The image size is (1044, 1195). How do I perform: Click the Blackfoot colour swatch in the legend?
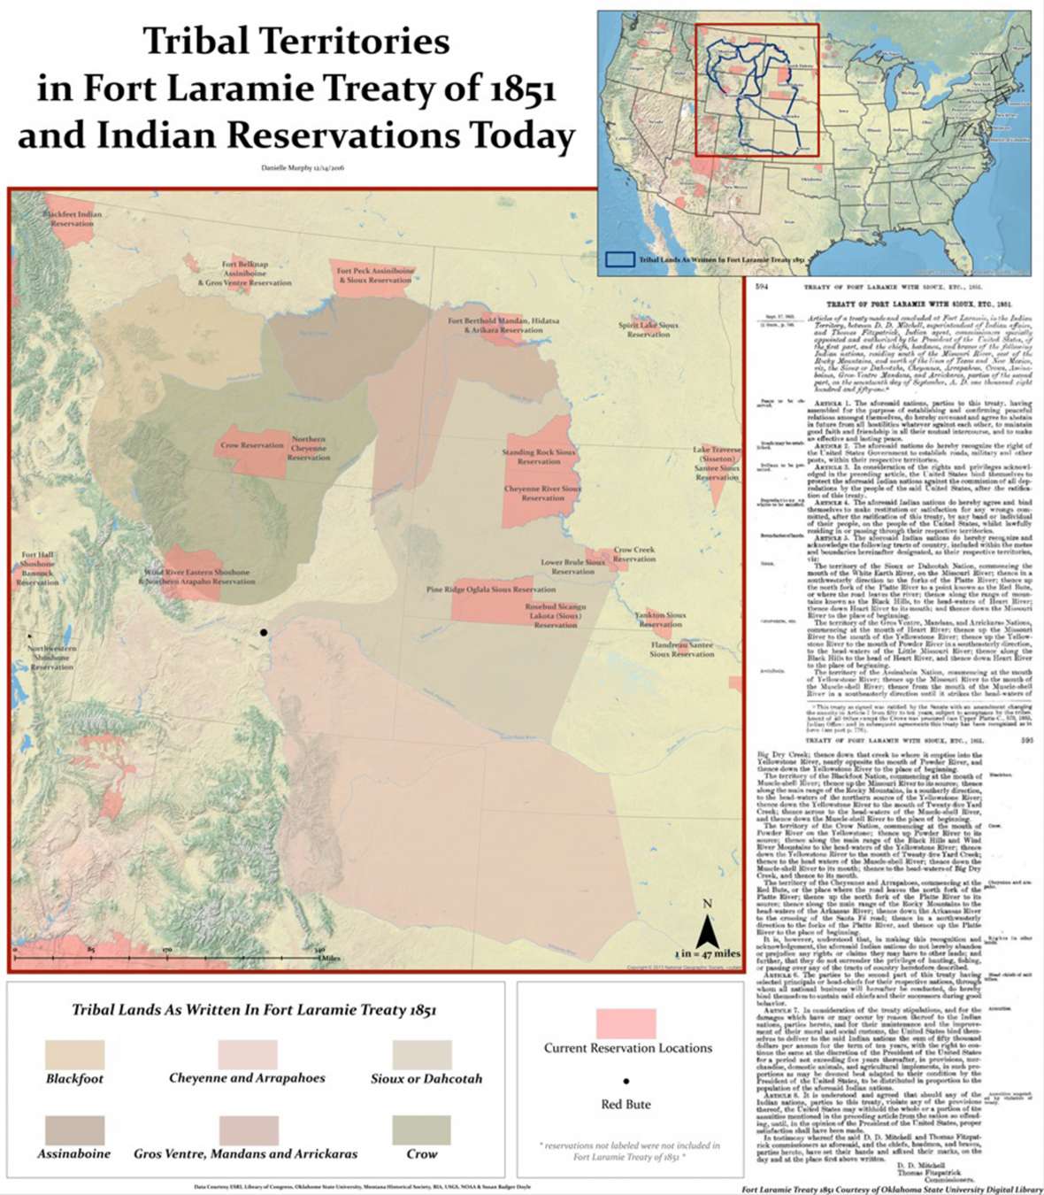point(75,1054)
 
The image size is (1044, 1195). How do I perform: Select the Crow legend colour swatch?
point(422,1130)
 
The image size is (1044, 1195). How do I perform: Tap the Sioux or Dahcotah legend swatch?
point(422,1054)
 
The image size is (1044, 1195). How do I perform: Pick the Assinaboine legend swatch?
point(75,1130)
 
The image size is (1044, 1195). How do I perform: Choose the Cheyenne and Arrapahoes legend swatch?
point(248,1054)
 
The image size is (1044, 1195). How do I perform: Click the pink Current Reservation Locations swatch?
point(626,1023)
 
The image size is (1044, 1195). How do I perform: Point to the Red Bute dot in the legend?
point(626,1081)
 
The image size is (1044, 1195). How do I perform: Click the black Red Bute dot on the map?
point(263,632)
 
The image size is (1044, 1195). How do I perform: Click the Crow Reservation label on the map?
point(252,445)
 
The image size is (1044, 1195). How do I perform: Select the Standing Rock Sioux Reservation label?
point(538,457)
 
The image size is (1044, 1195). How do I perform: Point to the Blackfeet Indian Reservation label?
point(73,219)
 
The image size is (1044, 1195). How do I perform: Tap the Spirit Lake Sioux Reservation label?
point(649,329)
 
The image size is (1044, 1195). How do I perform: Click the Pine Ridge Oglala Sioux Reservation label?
point(491,589)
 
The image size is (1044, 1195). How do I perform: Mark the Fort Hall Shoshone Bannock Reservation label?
point(37,568)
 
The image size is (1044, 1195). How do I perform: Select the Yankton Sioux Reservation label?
point(661,619)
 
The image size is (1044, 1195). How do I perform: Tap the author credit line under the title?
point(303,167)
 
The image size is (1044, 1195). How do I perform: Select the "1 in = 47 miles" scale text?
point(707,953)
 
